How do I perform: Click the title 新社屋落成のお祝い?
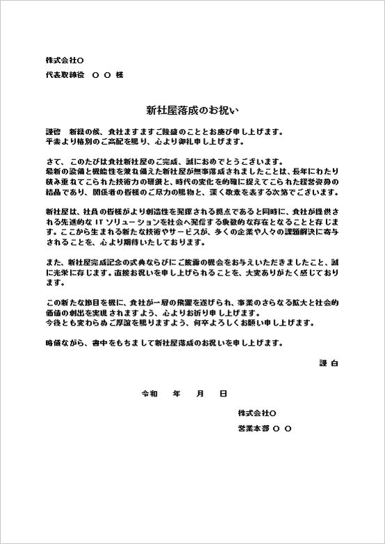tap(192, 110)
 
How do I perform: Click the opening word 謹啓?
tap(52, 131)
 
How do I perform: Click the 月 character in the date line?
tap(200, 393)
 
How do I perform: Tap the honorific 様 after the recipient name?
tap(120, 74)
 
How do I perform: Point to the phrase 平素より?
tap(61, 141)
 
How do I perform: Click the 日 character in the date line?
tap(223, 393)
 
